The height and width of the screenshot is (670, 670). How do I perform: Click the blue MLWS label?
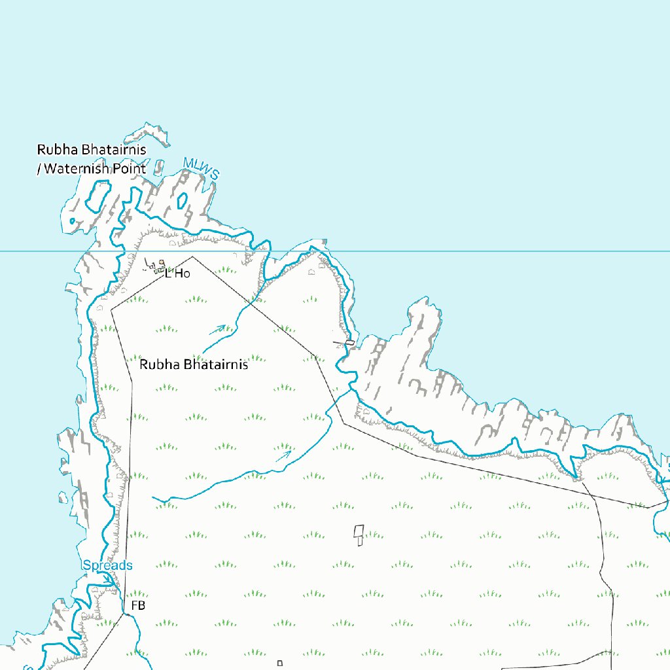[201, 168]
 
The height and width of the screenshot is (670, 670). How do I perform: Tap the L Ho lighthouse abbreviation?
[177, 273]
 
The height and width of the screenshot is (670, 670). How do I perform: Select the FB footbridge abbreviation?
[138, 606]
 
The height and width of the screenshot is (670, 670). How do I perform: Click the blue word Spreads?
[107, 565]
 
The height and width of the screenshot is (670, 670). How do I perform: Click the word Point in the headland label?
[130, 169]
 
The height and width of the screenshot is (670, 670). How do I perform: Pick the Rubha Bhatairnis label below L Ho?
[194, 364]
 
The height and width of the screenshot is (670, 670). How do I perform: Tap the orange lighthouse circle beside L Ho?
[161, 263]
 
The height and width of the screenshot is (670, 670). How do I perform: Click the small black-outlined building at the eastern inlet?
[350, 342]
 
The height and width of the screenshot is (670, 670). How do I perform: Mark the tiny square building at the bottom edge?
[279, 663]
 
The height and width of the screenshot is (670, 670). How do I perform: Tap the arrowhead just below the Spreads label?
[108, 579]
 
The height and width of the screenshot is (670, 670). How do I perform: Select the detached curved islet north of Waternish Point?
[147, 133]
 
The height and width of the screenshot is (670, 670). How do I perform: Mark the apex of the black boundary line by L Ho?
[192, 256]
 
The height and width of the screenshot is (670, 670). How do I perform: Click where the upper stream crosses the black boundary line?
[251, 303]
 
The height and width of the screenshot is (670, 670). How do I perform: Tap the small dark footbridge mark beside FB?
[124, 613]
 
